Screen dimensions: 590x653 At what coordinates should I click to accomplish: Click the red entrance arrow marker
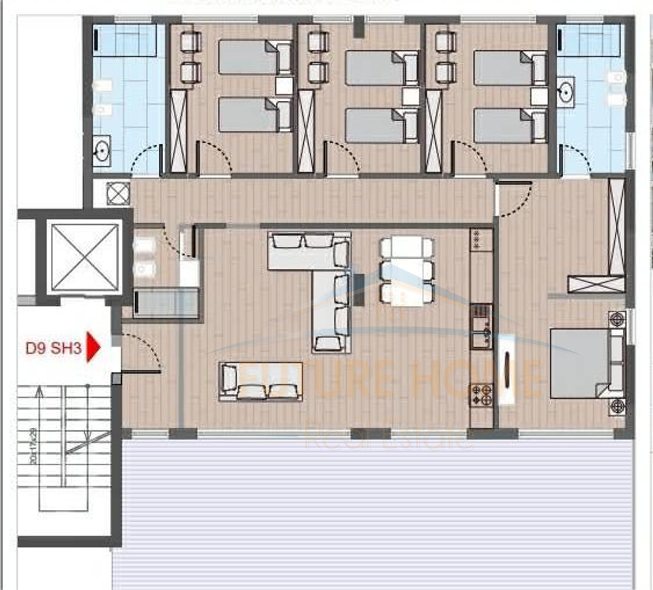point(92,348)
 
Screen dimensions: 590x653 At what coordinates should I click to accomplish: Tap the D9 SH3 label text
point(53,348)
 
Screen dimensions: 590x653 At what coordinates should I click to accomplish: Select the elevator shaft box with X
point(84,257)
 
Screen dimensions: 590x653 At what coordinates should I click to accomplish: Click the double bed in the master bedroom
point(580,363)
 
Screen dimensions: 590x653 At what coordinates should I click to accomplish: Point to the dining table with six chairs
point(406,271)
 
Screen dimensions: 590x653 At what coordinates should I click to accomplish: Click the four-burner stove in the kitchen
point(481,395)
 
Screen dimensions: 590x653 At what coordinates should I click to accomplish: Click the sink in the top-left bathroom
point(101,149)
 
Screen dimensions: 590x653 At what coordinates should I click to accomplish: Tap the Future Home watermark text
point(387,378)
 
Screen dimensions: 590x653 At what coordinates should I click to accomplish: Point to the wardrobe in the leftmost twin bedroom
point(178,131)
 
